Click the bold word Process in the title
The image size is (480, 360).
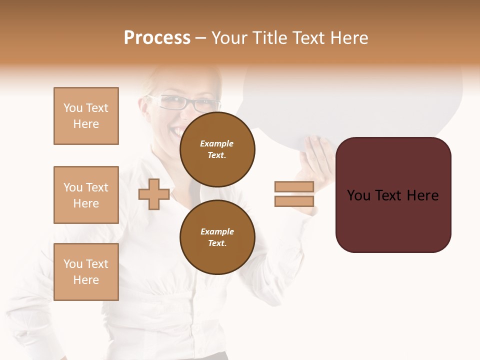(x=157, y=38)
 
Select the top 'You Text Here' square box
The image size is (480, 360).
(x=86, y=116)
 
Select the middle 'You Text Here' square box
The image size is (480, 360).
(x=86, y=195)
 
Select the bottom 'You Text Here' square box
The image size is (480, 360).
(x=86, y=272)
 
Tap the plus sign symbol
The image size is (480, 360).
(x=153, y=194)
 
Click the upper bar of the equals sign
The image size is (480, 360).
(x=294, y=186)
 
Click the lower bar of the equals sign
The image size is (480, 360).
(x=294, y=201)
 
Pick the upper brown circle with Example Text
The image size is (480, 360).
(x=217, y=149)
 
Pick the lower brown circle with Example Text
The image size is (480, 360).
(x=217, y=237)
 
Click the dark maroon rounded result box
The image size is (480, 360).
(x=393, y=195)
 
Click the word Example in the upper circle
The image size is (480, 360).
(x=217, y=143)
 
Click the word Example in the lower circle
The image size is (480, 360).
(x=217, y=231)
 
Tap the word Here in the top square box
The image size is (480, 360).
(x=86, y=124)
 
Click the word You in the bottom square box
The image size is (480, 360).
(x=73, y=264)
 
